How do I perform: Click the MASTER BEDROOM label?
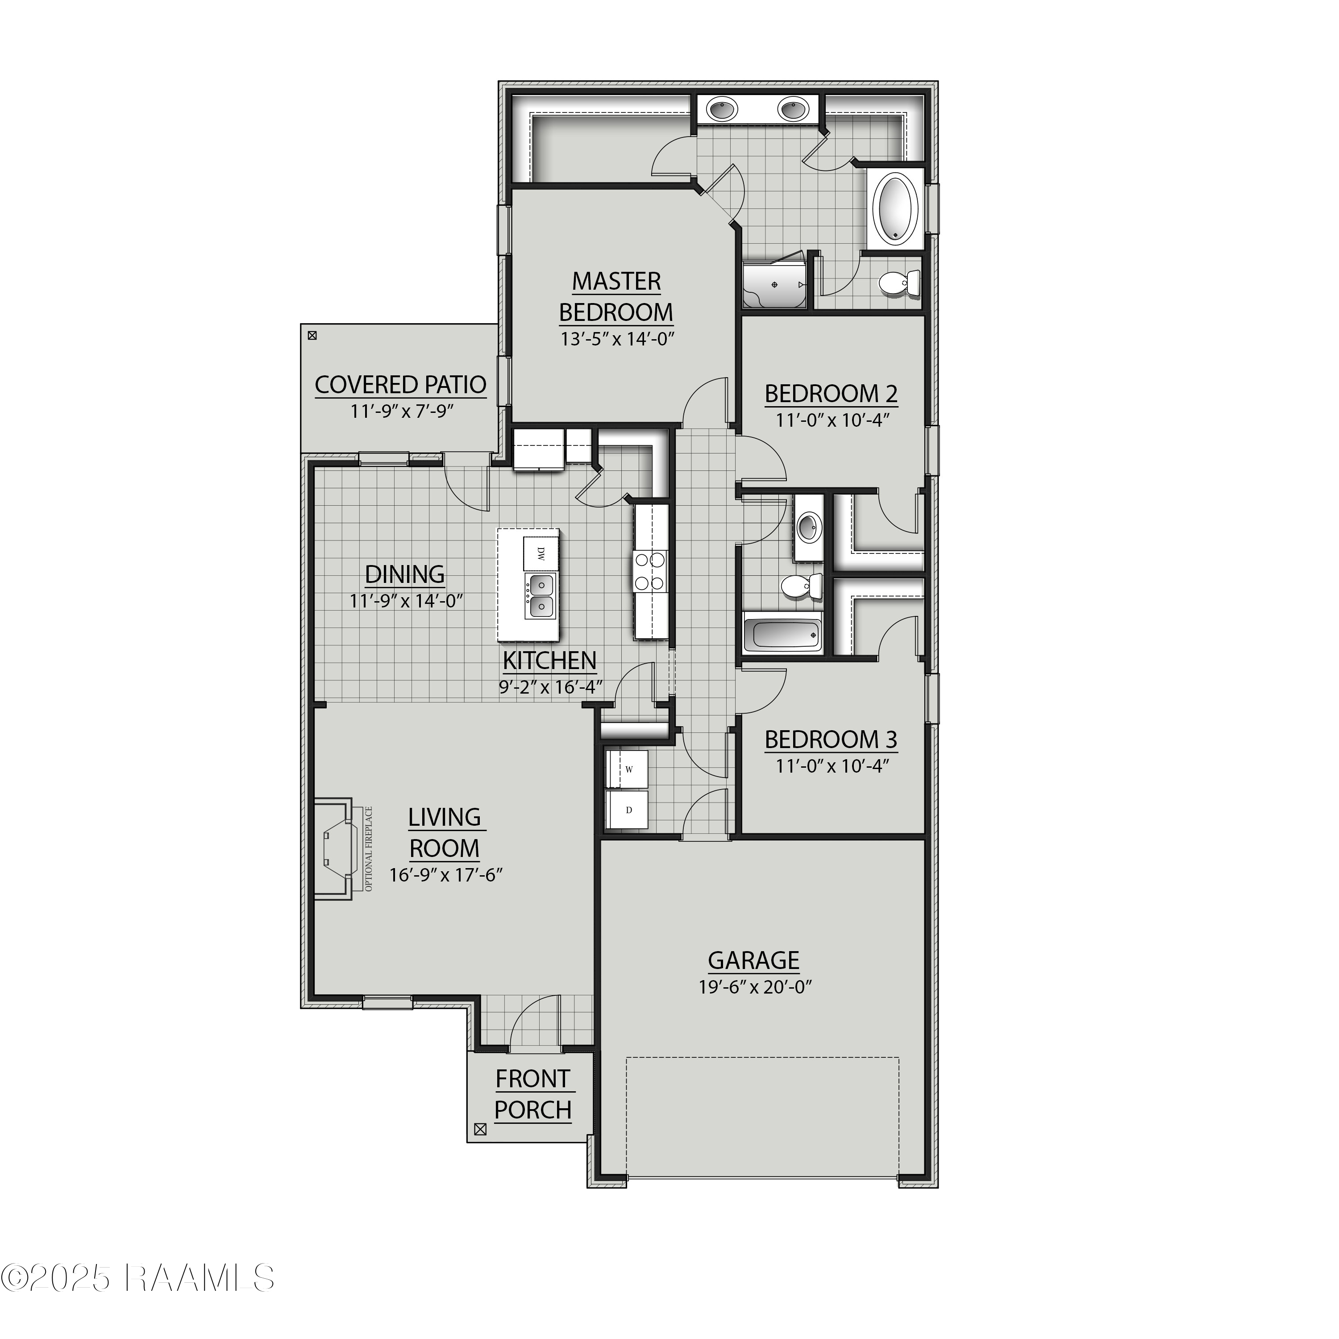615,297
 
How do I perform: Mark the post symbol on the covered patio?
312,336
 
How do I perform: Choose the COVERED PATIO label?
401,385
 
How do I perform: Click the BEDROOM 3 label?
831,740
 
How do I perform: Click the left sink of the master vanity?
723,109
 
